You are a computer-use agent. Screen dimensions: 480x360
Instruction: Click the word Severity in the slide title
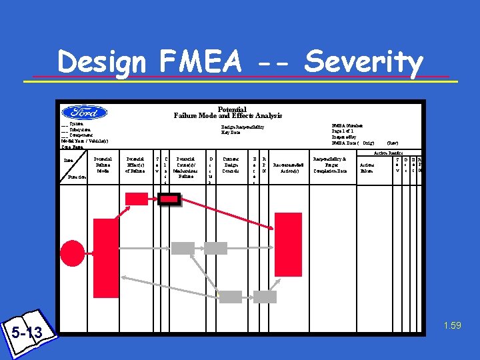coord(363,63)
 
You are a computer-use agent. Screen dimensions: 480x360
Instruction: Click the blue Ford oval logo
coord(85,113)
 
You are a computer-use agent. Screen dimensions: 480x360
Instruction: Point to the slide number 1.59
coord(451,326)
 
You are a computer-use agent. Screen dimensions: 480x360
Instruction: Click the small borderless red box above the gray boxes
coord(137,198)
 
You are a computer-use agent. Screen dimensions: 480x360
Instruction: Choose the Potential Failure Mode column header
coord(103,165)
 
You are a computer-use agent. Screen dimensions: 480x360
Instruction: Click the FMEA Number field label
coord(347,125)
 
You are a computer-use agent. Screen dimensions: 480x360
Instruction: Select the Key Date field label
coord(231,132)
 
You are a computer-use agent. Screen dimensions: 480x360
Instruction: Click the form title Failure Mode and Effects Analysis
coord(228,115)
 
